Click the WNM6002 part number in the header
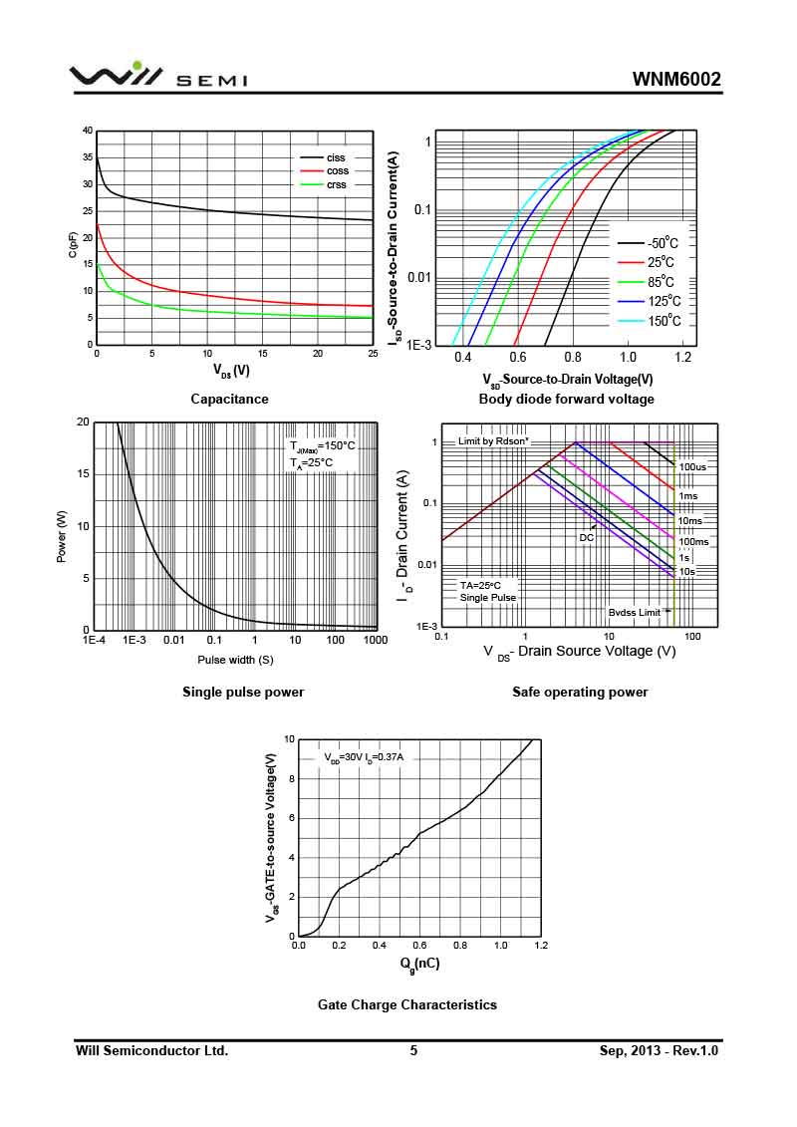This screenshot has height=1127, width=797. coord(676,80)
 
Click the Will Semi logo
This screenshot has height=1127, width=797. coord(157,77)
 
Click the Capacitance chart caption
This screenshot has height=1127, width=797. coord(229,399)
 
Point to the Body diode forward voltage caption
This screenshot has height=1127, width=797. coord(566,399)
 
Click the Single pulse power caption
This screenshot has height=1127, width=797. coord(243,692)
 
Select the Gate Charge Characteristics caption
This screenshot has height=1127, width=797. coord(406,1004)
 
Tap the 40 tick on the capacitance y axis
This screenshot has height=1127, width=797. coord(88,131)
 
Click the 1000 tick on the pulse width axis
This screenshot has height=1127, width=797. coord(376,640)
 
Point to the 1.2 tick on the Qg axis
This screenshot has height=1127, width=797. coord(540,945)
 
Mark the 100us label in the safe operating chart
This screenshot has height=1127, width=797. coord(693,466)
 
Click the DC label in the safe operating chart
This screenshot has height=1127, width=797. coord(587,537)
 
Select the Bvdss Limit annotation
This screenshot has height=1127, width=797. coord(635,613)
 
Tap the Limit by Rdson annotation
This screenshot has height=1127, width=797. coord(493,440)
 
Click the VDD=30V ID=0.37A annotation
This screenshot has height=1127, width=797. coord(364,757)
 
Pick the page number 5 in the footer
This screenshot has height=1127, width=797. coord(413,1050)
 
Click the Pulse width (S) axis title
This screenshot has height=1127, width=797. coord(235,660)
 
